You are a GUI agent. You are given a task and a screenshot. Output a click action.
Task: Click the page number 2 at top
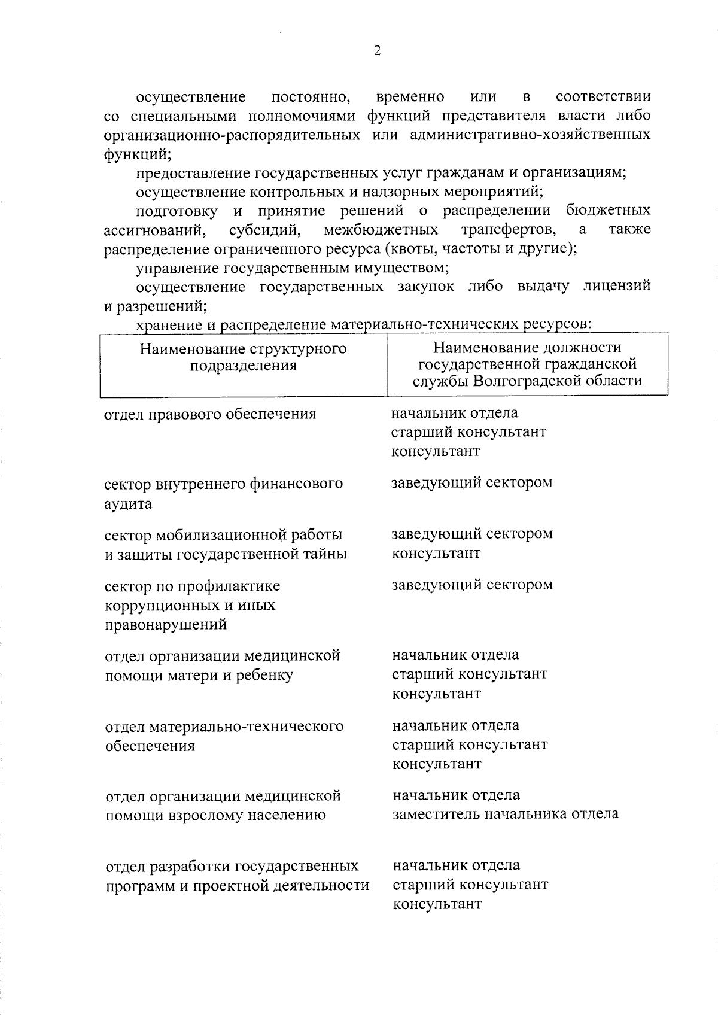[376, 51]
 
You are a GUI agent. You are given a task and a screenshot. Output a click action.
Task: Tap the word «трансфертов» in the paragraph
[509, 230]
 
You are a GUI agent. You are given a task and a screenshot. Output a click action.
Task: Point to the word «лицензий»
[616, 287]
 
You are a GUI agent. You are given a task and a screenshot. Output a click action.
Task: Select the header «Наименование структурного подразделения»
[243, 357]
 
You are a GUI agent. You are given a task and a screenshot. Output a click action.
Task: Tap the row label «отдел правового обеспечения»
[210, 414]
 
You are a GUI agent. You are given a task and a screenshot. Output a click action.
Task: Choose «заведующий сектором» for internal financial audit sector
[471, 482]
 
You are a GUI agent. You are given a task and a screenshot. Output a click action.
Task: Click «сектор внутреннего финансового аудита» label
[224, 493]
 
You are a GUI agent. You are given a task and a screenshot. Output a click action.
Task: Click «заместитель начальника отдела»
[505, 814]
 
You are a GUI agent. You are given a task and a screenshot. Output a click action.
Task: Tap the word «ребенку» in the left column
[266, 676]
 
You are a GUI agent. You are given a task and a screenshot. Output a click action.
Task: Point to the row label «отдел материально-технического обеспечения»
[224, 736]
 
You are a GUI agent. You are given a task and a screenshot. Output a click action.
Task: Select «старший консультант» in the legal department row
[468, 432]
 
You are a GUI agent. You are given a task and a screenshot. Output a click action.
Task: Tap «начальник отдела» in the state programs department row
[456, 865]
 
